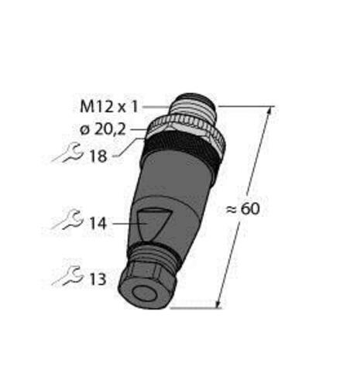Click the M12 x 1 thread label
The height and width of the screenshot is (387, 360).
pos(109,107)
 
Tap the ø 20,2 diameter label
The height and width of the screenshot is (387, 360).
pos(103,129)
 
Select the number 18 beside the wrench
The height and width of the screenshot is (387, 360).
pos(98,156)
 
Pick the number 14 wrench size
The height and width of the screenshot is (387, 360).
pos(98,224)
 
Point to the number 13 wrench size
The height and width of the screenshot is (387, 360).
pos(98,279)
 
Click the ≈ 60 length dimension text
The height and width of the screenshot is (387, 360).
pos(243,208)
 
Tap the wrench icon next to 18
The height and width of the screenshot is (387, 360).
pos(67,153)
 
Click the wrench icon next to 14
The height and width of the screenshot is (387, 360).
pos(67,220)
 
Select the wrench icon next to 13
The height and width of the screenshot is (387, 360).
pos(67,276)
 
